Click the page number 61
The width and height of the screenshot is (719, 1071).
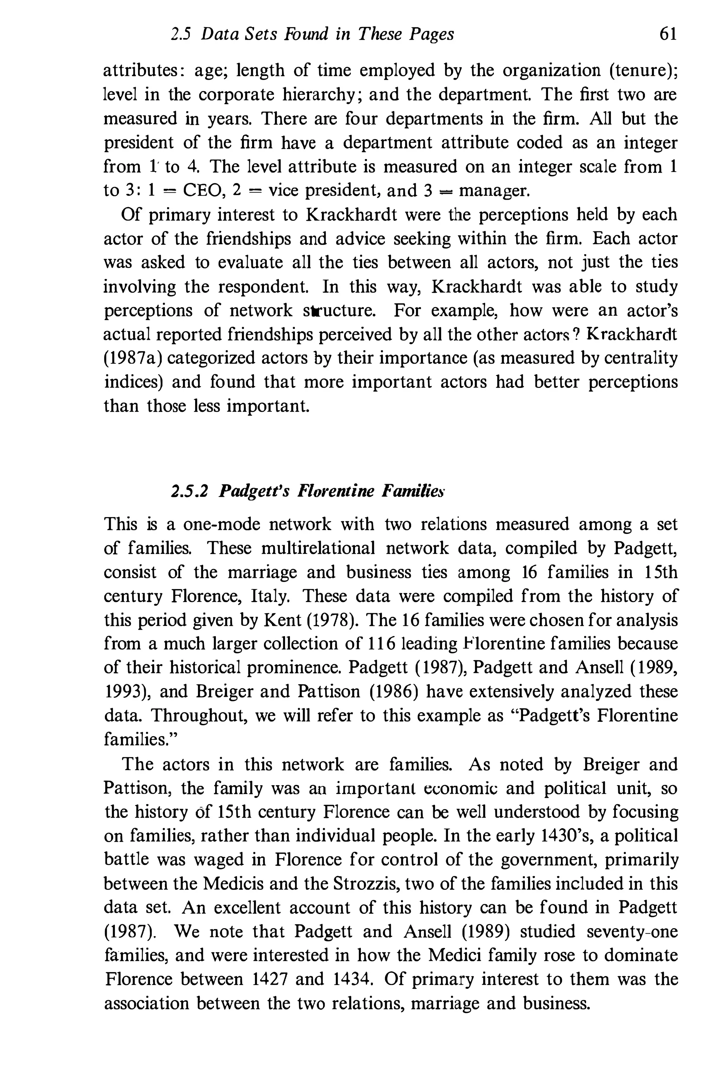668,34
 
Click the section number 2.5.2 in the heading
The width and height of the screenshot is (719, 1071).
189,491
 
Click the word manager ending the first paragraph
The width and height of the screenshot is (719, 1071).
494,190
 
